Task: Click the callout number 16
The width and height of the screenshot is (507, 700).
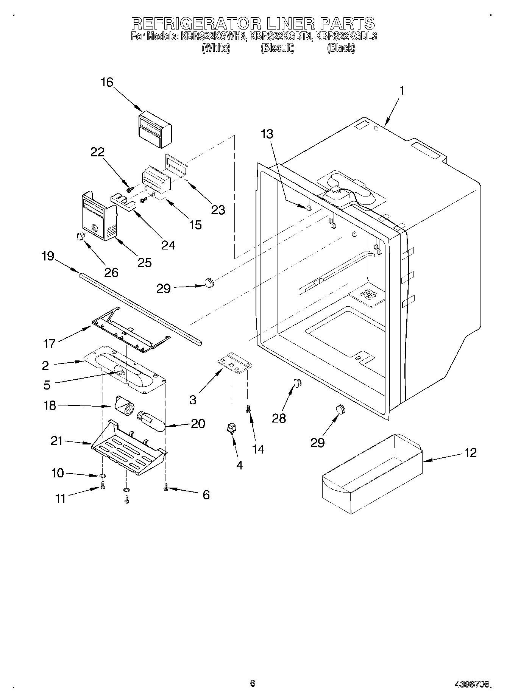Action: (x=107, y=82)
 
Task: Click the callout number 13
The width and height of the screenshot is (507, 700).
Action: (x=267, y=134)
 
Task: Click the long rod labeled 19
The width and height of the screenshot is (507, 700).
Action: (x=140, y=308)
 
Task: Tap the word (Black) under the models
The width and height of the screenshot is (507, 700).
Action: (x=341, y=48)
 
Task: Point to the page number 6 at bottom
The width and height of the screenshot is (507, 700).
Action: (x=253, y=683)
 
